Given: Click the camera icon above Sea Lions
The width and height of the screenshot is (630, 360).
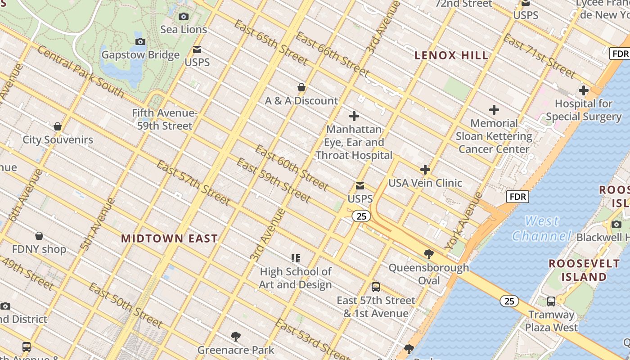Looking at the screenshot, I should (x=184, y=17).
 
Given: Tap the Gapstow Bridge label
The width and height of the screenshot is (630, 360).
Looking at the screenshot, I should (x=140, y=55).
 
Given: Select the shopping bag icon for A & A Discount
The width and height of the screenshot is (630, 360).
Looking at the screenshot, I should (x=301, y=87).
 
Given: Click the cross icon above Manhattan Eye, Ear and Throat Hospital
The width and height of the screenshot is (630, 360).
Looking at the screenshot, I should (x=354, y=116).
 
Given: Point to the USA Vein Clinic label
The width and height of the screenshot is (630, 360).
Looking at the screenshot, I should (x=425, y=183).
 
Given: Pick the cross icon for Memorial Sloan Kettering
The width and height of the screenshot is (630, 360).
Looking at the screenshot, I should (x=494, y=110).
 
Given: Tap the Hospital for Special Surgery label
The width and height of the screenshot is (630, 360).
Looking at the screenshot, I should (x=584, y=110).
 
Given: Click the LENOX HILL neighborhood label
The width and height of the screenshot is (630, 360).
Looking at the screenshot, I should (x=451, y=56).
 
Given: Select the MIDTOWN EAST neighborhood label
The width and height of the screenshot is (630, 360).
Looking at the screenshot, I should (x=169, y=238).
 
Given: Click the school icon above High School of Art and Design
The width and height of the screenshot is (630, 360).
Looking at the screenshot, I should (x=296, y=258).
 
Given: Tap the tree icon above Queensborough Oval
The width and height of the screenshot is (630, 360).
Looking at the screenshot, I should (x=429, y=254).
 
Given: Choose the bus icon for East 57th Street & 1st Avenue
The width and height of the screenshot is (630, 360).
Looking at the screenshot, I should (x=376, y=287).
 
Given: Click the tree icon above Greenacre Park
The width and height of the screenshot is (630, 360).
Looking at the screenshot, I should (x=235, y=336).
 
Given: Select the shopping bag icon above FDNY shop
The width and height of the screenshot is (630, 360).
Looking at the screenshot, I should (x=39, y=236).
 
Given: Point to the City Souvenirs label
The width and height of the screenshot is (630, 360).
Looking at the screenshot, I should (x=58, y=139).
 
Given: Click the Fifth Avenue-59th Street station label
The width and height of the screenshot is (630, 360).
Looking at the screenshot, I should (x=165, y=119).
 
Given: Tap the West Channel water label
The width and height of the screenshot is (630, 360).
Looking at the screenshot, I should (x=542, y=229).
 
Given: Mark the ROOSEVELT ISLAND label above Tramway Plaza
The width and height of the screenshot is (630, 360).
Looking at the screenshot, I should (x=584, y=270).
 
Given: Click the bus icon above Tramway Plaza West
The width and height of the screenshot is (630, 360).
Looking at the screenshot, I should (x=551, y=301).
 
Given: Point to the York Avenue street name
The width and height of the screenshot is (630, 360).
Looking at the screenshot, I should (x=464, y=221).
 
